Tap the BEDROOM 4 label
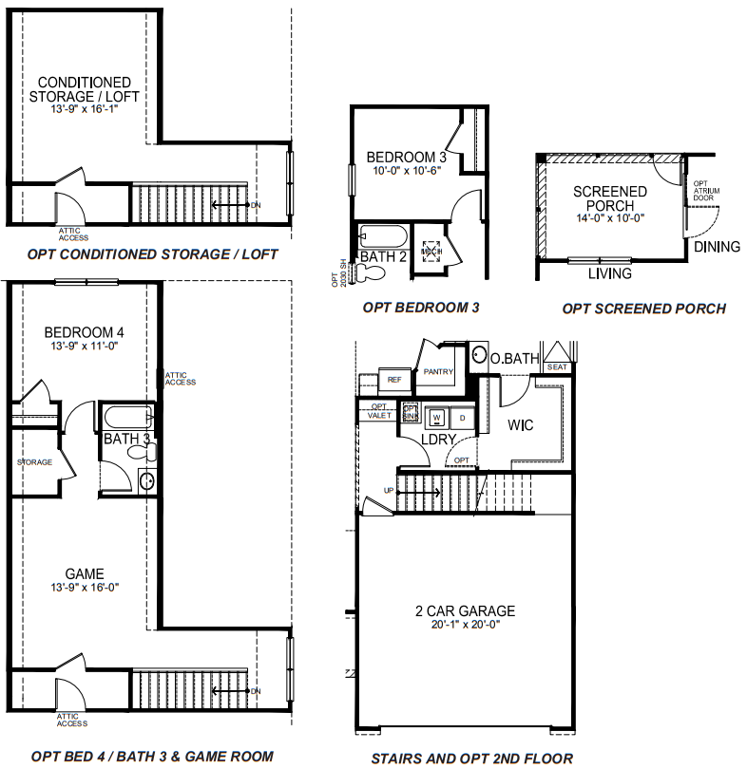tap(84, 332)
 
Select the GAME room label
tap(85, 573)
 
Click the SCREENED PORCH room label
tap(609, 198)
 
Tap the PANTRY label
tap(437, 371)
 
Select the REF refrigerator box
tap(395, 380)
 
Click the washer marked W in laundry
tap(438, 417)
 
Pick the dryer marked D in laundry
tap(463, 417)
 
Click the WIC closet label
tap(520, 424)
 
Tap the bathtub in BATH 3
tap(127, 417)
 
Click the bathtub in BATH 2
tap(382, 236)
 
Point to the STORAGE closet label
tap(34, 462)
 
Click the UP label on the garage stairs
tap(387, 490)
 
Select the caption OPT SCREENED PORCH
tap(643, 309)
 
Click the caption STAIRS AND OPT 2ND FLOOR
tap(471, 758)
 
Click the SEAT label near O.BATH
tap(557, 366)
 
